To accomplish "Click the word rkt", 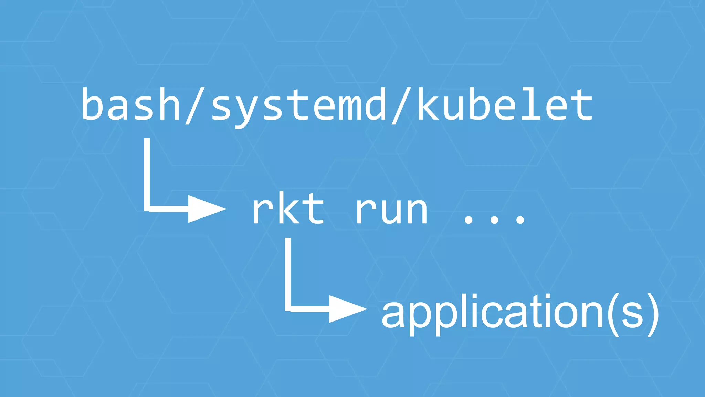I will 288,209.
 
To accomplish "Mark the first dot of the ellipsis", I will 468,219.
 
